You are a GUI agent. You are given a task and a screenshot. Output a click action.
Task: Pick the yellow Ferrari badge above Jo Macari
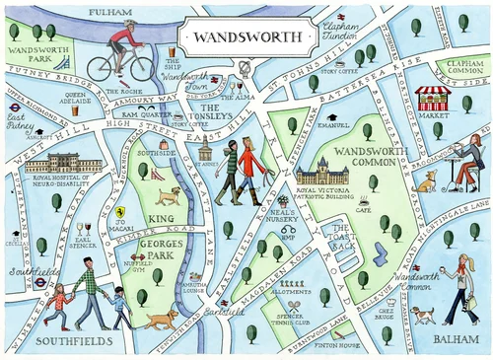point(119,211)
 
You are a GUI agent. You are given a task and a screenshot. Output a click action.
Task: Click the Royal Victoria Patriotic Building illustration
point(320,178)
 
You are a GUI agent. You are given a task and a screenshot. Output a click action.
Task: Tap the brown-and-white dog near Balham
point(423,315)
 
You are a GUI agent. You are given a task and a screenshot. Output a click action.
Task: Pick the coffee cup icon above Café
point(363,199)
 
